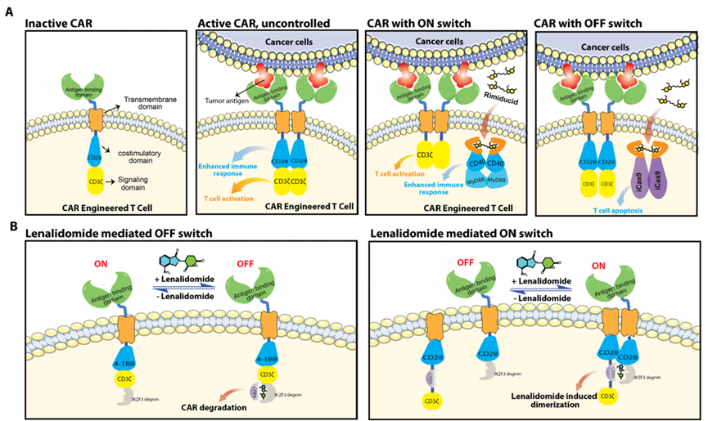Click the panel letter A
tap(10, 12)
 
